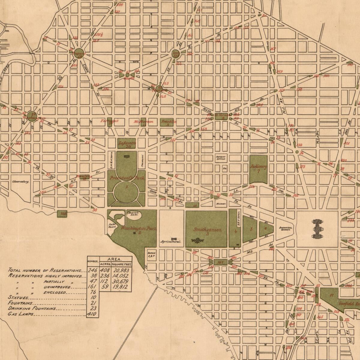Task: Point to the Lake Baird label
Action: [112, 226]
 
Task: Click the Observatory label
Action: [21, 181]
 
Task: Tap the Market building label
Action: [220, 204]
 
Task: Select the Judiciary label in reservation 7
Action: [258, 167]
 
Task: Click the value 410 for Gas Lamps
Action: [92, 314]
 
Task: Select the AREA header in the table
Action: [116, 259]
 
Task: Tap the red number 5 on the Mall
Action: [251, 228]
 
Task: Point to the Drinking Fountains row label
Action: [32, 308]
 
